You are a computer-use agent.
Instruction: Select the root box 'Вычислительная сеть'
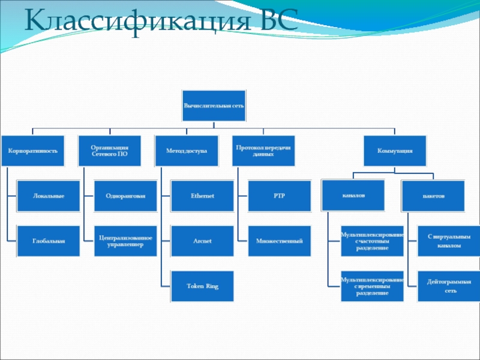tap(214, 106)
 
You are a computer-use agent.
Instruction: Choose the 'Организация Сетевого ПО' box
tap(109, 150)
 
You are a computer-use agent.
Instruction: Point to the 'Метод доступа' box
tap(186, 150)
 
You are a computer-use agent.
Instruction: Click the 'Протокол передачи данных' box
tap(263, 150)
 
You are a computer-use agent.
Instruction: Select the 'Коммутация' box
tap(395, 150)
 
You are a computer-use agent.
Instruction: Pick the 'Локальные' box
tap(48, 196)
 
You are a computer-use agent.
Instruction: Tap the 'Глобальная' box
tap(48, 241)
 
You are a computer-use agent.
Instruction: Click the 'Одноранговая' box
tap(125, 196)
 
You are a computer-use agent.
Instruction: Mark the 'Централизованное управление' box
tap(125, 241)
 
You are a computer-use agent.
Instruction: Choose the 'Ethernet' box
tap(202, 196)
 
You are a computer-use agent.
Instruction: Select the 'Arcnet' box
tap(202, 241)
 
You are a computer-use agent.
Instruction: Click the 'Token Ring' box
tap(202, 286)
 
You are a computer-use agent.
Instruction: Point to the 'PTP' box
tap(279, 196)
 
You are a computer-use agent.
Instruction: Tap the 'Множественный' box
tap(279, 241)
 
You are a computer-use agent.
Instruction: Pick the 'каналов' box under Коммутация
tap(354, 196)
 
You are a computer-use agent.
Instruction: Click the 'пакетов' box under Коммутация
tap(433, 196)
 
